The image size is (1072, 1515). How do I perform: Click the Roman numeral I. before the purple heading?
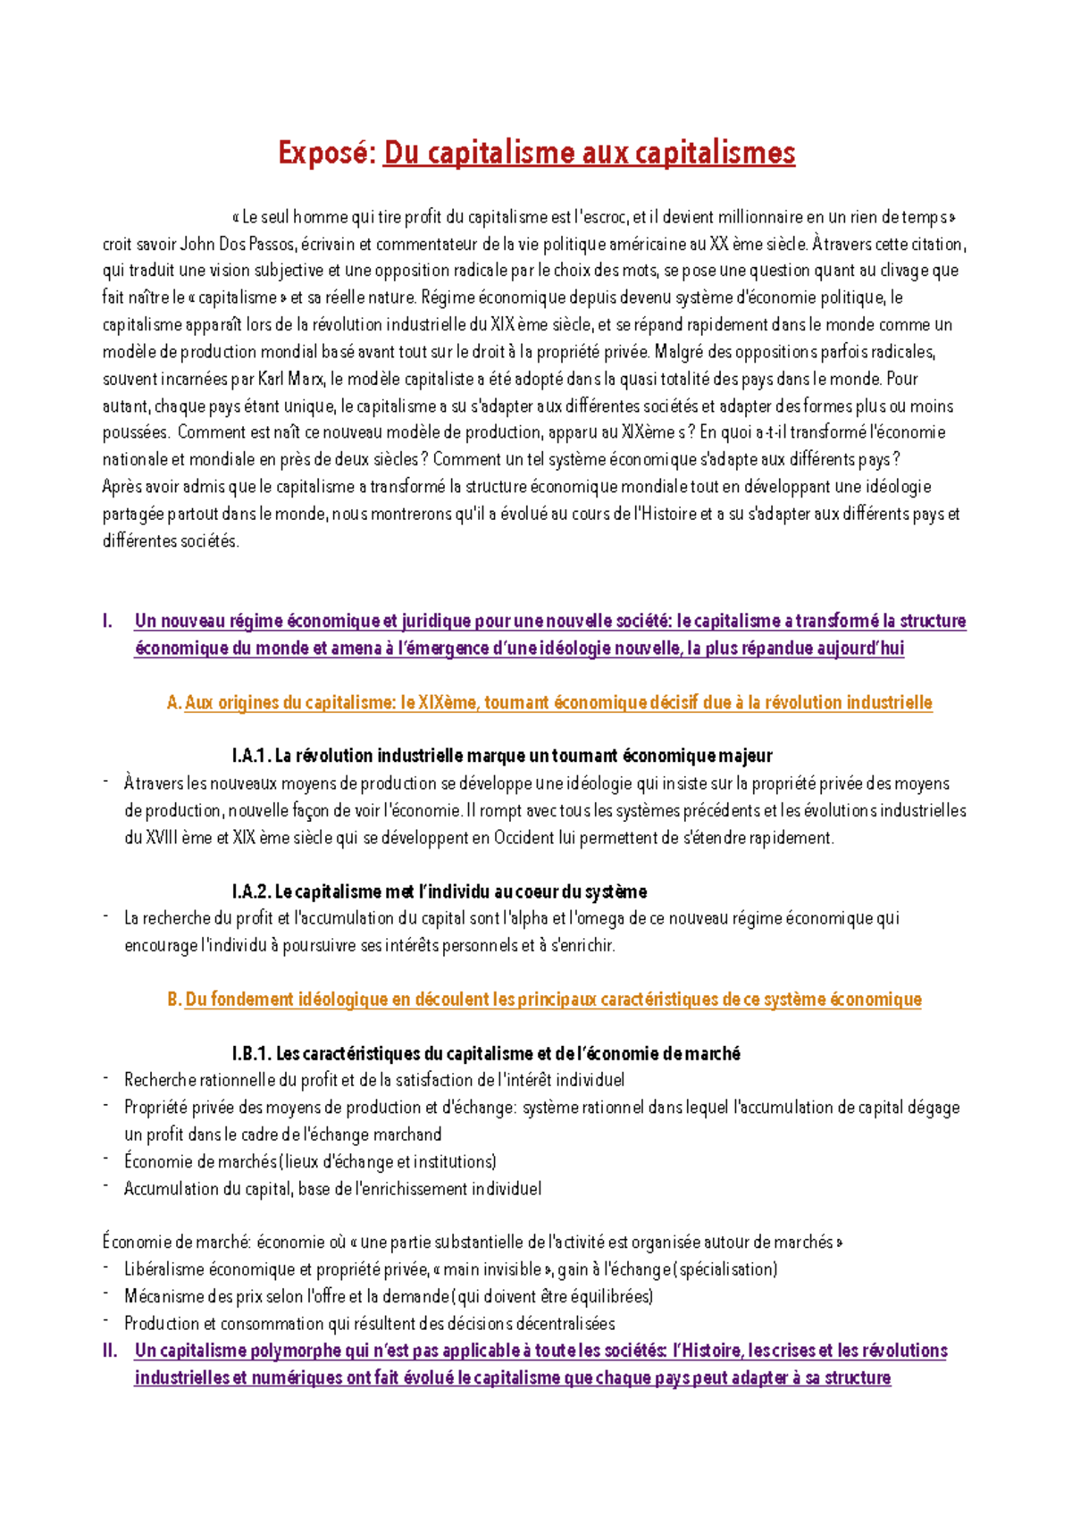[107, 621]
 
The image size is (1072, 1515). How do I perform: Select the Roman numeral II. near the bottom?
[110, 1351]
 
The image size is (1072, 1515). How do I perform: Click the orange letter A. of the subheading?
[174, 703]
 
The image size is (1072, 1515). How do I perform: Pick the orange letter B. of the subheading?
[174, 1000]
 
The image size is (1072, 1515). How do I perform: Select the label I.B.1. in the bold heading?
[251, 1054]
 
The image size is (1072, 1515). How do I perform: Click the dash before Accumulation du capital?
[105, 1187]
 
